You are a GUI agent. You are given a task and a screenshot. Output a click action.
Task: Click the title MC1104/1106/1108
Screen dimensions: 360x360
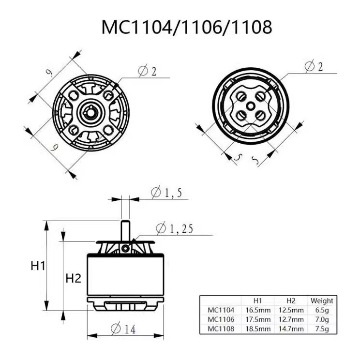[x=186, y=27]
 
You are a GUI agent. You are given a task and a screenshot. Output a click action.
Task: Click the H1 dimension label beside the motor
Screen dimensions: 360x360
[x=38, y=266]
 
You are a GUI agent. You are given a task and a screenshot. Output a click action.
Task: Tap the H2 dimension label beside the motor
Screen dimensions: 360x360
[x=73, y=278]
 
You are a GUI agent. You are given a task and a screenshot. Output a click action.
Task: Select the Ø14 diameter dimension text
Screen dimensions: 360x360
[x=123, y=329]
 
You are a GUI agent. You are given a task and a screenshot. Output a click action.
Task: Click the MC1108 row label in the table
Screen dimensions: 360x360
[x=221, y=329]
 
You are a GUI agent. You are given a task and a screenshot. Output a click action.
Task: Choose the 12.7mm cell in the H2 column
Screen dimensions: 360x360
[x=291, y=319]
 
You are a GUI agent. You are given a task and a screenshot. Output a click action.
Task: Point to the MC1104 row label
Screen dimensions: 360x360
[x=221, y=310]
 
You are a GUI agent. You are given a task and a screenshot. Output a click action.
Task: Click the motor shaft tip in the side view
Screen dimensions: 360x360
[x=125, y=223]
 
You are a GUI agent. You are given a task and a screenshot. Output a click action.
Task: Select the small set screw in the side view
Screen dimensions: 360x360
[x=126, y=248]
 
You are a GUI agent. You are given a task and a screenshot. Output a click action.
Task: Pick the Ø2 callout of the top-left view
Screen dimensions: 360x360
[x=147, y=71]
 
